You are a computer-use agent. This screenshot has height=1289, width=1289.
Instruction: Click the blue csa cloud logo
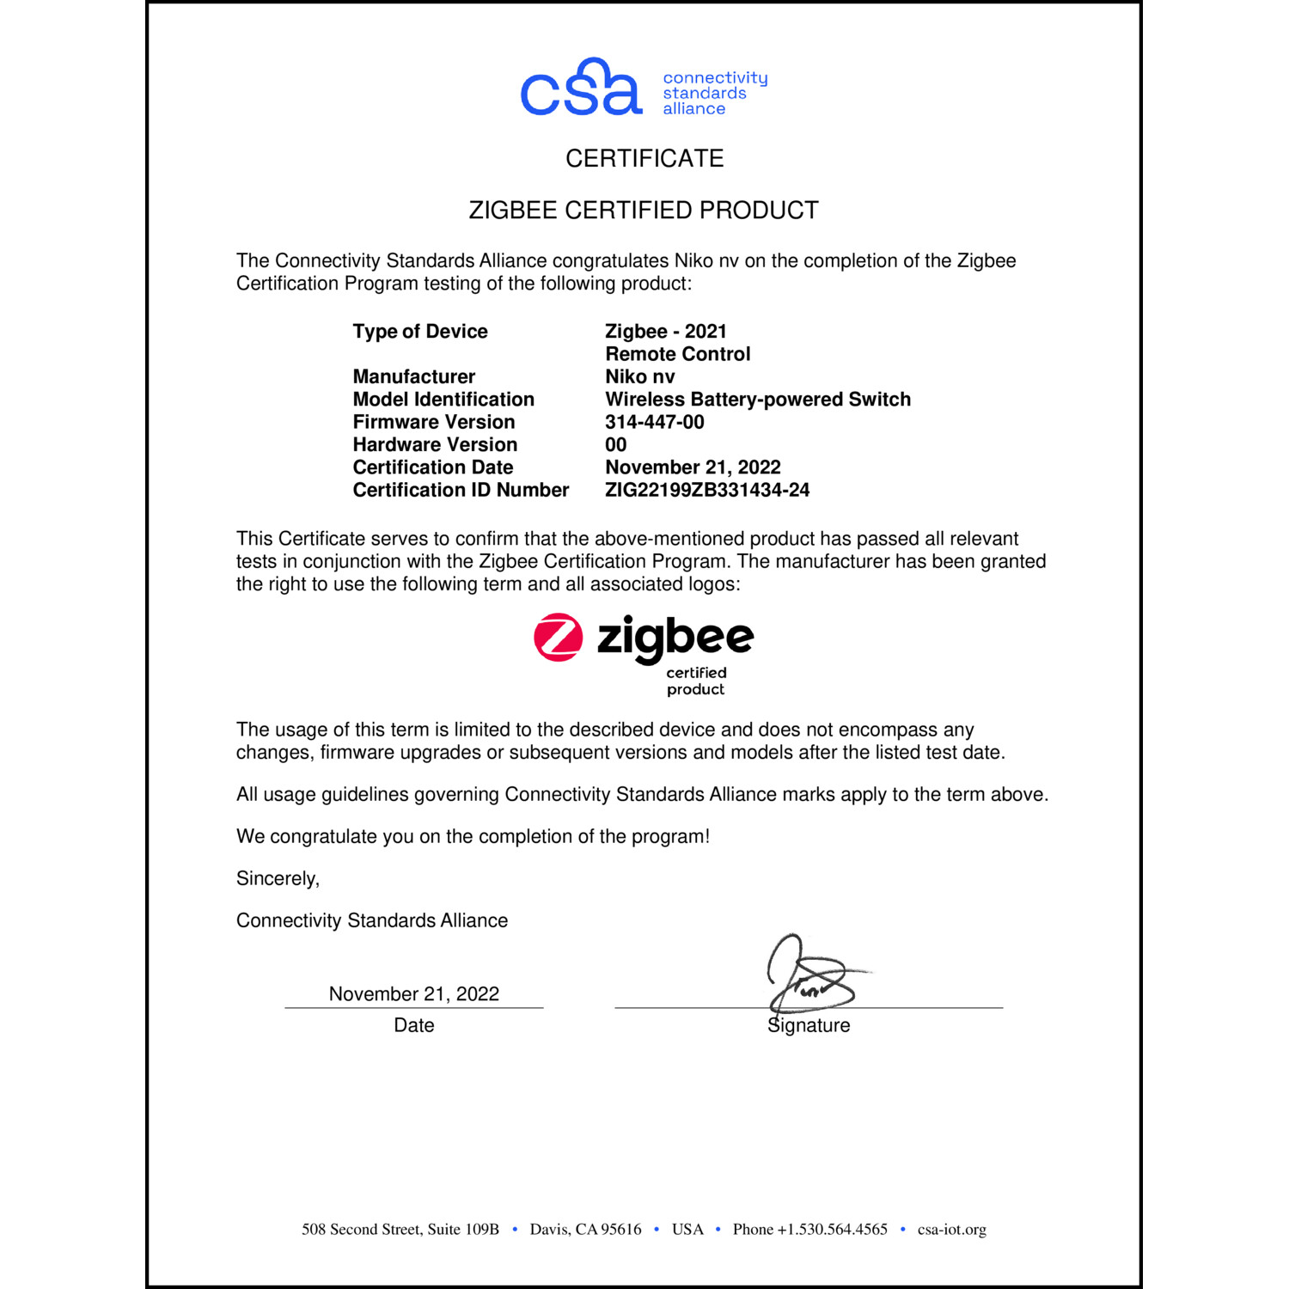pyautogui.click(x=581, y=89)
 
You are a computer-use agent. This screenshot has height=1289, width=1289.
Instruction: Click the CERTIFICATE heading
pyautogui.click(x=644, y=158)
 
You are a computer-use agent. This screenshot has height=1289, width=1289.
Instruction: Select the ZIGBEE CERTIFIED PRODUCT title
pyautogui.click(x=644, y=211)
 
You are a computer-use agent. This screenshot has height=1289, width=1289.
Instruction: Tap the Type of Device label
pyautogui.click(x=420, y=332)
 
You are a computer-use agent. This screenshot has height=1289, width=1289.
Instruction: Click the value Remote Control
pyautogui.click(x=677, y=354)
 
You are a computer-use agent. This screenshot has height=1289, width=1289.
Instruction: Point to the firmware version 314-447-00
pyautogui.click(x=655, y=422)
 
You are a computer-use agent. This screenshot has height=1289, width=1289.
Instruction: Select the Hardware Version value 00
pyautogui.click(x=616, y=444)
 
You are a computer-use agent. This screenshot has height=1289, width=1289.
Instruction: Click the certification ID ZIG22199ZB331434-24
pyautogui.click(x=707, y=490)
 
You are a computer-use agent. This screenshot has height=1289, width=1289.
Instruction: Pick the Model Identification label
pyautogui.click(x=443, y=400)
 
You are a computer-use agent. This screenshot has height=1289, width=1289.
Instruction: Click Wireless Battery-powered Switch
pyautogui.click(x=758, y=400)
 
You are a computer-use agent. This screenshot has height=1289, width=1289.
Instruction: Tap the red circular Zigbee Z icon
pyautogui.click(x=559, y=638)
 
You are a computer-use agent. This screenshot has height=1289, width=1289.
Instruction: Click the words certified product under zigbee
pyautogui.click(x=696, y=681)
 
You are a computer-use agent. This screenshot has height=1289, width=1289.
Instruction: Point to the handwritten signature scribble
pyautogui.click(x=809, y=975)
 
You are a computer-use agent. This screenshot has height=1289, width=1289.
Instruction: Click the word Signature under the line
pyautogui.click(x=809, y=1025)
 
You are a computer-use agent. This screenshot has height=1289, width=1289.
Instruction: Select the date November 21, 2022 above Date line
pyautogui.click(x=414, y=994)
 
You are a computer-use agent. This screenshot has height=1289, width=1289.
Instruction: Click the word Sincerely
pyautogui.click(x=278, y=878)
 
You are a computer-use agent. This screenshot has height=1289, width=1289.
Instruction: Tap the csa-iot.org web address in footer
pyautogui.click(x=951, y=1230)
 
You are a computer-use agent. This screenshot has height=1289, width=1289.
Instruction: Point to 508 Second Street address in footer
pyautogui.click(x=400, y=1230)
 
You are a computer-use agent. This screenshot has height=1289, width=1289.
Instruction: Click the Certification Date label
pyautogui.click(x=433, y=467)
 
